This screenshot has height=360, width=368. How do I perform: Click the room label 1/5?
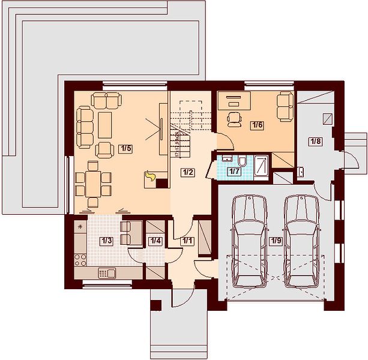(x=125, y=149)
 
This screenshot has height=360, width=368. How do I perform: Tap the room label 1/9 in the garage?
(x=276, y=241)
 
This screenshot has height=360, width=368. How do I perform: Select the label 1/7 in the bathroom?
(x=235, y=172)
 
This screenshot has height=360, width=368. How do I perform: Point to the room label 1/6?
(x=257, y=125)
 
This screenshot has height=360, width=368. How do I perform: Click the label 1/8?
(x=315, y=142)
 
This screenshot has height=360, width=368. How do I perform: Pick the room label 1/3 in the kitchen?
(x=106, y=241)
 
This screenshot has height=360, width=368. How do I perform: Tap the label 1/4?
(x=155, y=241)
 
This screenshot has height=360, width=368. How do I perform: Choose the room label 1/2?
(x=188, y=172)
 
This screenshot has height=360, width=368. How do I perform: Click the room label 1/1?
(x=187, y=241)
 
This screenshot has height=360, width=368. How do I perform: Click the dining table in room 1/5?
(x=93, y=184)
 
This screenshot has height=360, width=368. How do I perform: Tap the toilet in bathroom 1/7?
(x=242, y=161)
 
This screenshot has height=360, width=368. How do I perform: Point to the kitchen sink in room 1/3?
(x=107, y=273)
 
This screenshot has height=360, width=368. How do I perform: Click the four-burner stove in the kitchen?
(x=80, y=260)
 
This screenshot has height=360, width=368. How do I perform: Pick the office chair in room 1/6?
(x=234, y=119)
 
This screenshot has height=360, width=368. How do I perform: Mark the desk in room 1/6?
(x=234, y=100)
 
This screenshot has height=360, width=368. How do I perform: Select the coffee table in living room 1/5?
(x=104, y=125)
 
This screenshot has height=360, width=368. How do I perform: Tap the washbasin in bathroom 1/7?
(x=226, y=158)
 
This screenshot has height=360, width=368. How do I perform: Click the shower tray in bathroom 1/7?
(x=261, y=168)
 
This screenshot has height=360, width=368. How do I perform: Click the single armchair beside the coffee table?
(x=104, y=150)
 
